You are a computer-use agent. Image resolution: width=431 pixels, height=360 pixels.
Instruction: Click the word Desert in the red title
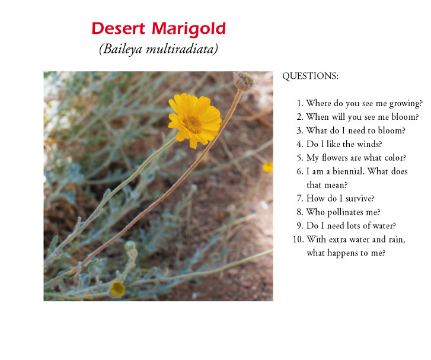(118, 28)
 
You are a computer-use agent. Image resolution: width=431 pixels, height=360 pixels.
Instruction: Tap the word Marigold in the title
(189, 30)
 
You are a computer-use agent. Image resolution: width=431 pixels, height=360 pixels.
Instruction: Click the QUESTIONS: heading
(310, 76)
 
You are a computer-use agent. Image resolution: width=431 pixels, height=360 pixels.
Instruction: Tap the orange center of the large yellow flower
(193, 124)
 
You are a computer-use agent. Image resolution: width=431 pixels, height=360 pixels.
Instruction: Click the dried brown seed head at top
(243, 81)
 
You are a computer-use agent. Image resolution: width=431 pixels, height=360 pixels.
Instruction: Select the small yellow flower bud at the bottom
(117, 289)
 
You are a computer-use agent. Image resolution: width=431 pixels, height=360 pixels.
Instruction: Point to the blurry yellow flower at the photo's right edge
(267, 167)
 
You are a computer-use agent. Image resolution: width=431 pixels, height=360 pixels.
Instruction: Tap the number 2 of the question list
(299, 117)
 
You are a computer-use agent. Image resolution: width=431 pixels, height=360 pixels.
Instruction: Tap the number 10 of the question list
(298, 239)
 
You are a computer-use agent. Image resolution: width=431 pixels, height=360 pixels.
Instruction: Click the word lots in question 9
(353, 225)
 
